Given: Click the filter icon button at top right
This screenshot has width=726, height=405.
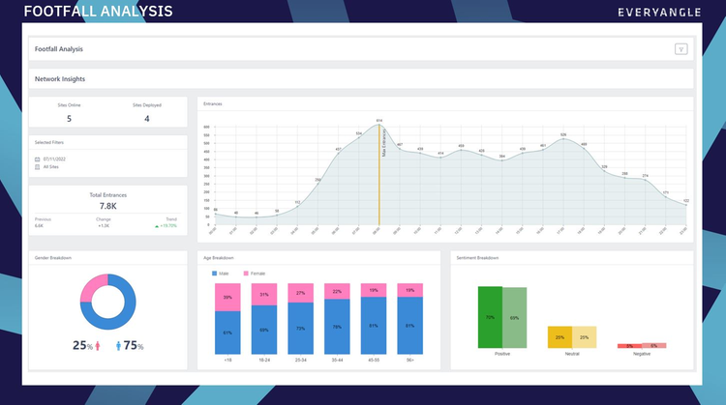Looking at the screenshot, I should tap(681, 49).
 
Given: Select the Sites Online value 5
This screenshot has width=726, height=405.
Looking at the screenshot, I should tap(69, 118).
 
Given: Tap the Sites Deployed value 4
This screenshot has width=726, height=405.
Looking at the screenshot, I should tap(147, 118).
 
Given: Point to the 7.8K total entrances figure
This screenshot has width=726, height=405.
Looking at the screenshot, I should tap(107, 206).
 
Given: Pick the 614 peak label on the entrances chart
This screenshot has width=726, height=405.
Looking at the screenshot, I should tap(379, 121).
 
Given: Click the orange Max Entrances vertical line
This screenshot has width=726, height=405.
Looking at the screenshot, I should tap(379, 184).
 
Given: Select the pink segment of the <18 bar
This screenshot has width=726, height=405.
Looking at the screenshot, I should tap(227, 299).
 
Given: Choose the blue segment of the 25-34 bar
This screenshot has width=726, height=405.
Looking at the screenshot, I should tap(300, 328).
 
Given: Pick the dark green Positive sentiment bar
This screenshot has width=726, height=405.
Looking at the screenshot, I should tap(490, 317).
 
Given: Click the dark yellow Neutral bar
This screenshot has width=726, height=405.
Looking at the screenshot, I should tap(560, 336).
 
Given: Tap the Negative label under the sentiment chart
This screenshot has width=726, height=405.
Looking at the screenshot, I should tap(642, 355).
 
